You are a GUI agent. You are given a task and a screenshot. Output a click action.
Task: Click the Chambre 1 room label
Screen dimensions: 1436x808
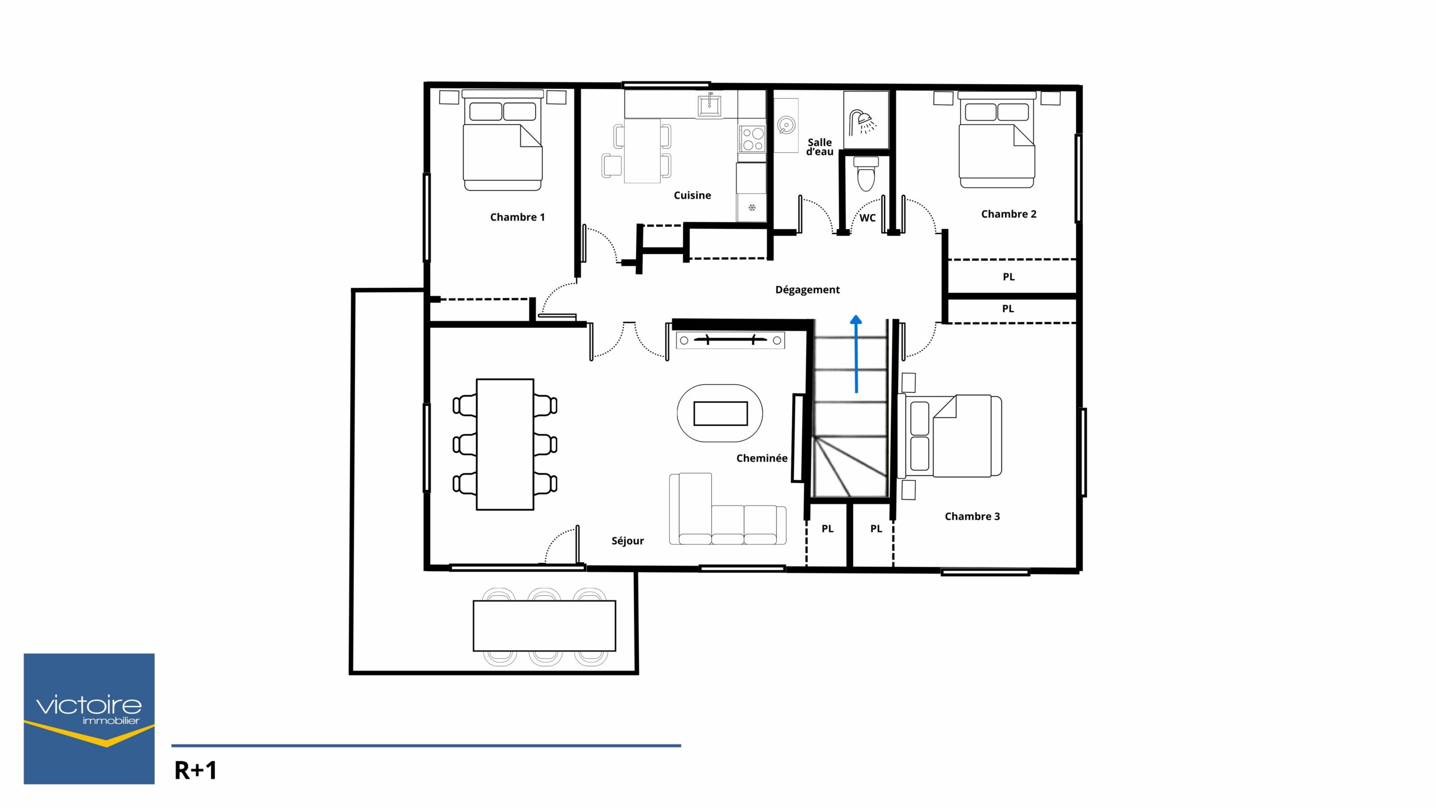click(517, 217)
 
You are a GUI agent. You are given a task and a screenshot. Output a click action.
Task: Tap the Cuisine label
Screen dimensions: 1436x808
click(692, 195)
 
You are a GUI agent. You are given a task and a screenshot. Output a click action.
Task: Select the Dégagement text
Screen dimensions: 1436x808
click(807, 290)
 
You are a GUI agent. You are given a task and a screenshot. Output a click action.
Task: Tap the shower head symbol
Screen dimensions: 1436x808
click(862, 122)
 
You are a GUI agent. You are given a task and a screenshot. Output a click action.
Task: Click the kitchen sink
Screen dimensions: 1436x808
click(710, 105)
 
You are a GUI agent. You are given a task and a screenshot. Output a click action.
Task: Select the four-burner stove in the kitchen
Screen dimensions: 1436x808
click(752, 139)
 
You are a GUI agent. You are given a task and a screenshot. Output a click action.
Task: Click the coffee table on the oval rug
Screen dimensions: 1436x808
click(720, 414)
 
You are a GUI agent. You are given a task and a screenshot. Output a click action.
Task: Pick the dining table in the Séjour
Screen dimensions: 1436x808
click(505, 444)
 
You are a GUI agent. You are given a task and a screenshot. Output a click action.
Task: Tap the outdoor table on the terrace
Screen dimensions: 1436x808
click(544, 626)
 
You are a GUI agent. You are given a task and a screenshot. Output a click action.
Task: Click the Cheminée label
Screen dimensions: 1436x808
click(762, 458)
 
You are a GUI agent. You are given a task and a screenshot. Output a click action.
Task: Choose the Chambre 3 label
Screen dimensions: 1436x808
click(972, 516)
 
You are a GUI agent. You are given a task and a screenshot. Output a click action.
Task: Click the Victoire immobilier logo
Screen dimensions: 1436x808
click(89, 719)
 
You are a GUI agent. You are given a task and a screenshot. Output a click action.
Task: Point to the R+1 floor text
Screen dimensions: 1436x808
click(195, 771)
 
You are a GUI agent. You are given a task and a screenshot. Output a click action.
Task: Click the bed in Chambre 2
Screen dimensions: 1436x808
click(997, 140)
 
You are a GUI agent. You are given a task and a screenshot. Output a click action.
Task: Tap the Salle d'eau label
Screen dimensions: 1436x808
click(820, 147)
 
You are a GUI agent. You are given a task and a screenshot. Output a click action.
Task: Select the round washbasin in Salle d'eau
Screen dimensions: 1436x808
click(786, 126)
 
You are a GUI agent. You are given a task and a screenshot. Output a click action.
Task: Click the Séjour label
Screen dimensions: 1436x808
click(627, 541)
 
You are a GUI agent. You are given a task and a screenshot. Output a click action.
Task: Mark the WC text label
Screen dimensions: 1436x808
click(867, 218)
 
